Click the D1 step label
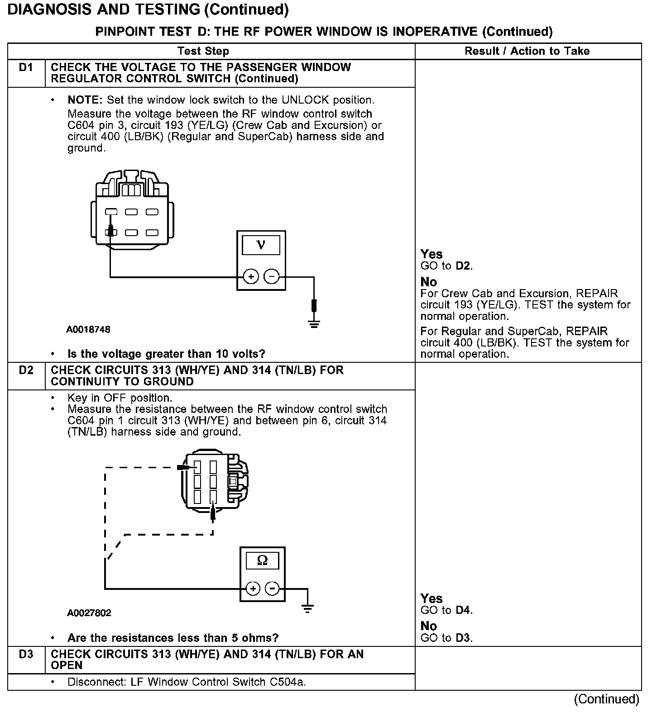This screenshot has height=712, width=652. tap(26, 68)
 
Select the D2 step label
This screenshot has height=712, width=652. tap(26, 370)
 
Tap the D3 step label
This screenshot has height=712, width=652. tap(26, 655)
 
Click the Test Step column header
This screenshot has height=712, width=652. tap(203, 51)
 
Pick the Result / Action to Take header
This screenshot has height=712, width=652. tap(527, 51)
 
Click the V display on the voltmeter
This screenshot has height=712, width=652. tap(261, 245)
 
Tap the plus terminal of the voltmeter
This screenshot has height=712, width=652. tap(251, 276)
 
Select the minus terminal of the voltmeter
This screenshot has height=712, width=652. tap(271, 276)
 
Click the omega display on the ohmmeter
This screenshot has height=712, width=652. tap(262, 561)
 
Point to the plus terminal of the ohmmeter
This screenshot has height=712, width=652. tap(253, 589)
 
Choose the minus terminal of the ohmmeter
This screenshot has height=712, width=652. tap(272, 589)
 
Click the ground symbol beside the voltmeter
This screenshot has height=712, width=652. tap(314, 323)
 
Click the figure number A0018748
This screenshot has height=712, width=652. tap(88, 329)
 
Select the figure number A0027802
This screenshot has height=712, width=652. tap(89, 613)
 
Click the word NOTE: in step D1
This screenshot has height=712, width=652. tap(85, 100)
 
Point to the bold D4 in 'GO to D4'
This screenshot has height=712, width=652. tap(464, 610)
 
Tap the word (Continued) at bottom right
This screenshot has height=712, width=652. tap(606, 699)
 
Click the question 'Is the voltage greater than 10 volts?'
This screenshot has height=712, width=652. tap(166, 353)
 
